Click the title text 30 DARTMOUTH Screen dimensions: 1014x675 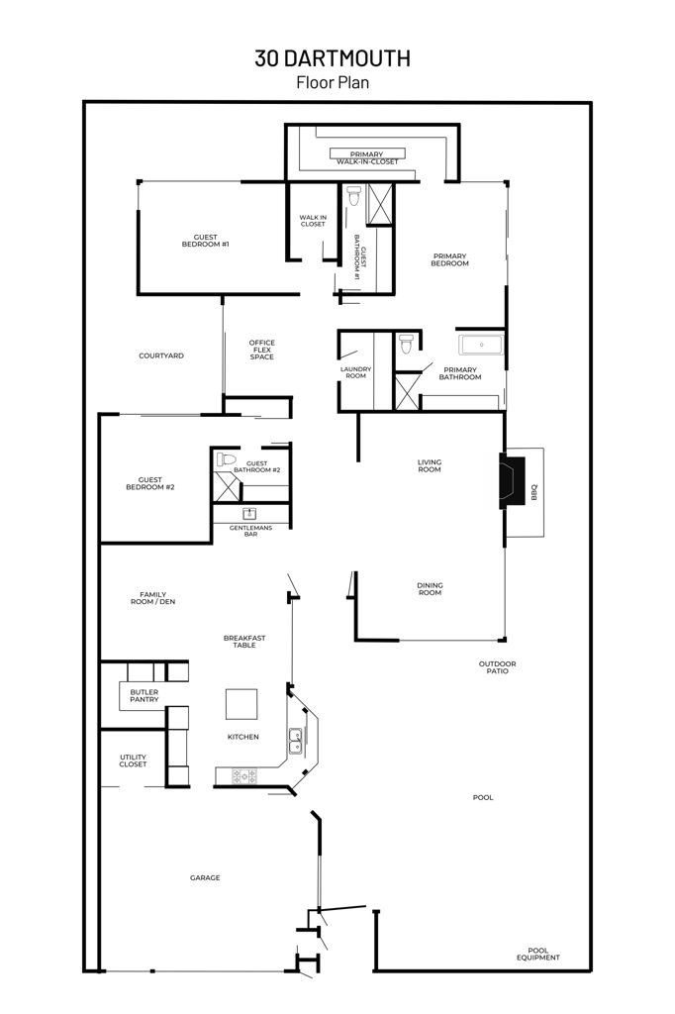(x=333, y=58)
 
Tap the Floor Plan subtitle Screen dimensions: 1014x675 (x=333, y=83)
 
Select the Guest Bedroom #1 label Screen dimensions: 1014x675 (x=205, y=241)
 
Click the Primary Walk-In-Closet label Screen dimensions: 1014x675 (x=366, y=158)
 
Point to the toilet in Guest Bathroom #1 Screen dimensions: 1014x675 (x=354, y=195)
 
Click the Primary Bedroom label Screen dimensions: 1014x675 (x=449, y=259)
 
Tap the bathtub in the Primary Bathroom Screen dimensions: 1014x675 (x=481, y=345)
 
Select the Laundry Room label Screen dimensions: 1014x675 (x=355, y=372)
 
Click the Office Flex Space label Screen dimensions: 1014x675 (x=262, y=350)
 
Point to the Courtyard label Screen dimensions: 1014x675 (x=160, y=355)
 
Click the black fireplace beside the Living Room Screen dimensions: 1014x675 (x=512, y=480)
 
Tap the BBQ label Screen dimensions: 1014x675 (x=533, y=491)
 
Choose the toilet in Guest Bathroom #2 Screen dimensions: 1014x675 (x=227, y=459)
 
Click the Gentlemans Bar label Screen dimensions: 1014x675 (x=250, y=531)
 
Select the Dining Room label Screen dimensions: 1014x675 (x=430, y=588)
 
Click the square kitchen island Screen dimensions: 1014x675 (x=241, y=704)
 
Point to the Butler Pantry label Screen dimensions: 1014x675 (x=144, y=695)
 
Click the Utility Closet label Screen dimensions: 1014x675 (x=133, y=760)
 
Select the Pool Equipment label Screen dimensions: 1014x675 (x=543, y=954)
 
